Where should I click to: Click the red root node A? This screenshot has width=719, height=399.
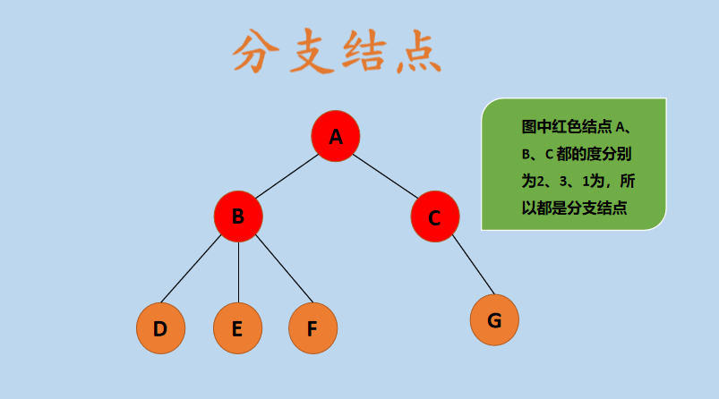(x=336, y=136)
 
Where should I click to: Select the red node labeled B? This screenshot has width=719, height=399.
(x=238, y=216)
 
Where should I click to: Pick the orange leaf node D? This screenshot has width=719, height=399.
(x=160, y=328)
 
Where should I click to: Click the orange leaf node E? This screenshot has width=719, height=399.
(x=237, y=328)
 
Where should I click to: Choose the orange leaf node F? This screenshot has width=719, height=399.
(x=312, y=328)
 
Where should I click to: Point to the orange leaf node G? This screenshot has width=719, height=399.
(x=494, y=319)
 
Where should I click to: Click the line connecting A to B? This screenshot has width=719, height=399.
(x=287, y=176)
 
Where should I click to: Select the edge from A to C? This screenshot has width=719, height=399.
(x=386, y=176)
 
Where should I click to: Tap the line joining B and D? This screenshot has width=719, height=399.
(x=192, y=270)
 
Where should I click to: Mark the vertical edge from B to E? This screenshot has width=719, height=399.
(x=238, y=273)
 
